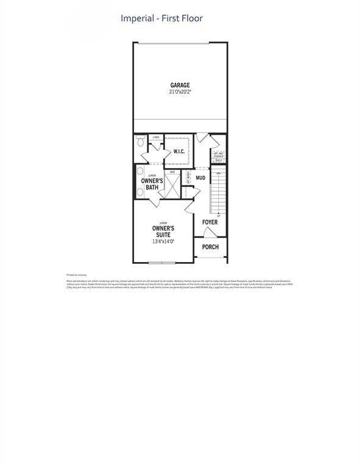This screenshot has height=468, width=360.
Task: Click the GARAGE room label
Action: (x=180, y=85)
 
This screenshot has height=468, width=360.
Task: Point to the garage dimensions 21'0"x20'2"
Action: (x=180, y=92)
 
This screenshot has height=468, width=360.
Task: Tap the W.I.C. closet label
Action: (x=179, y=151)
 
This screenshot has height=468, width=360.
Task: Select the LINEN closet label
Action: (x=156, y=137)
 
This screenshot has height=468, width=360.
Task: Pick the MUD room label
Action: (x=200, y=178)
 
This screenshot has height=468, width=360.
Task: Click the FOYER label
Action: (x=210, y=222)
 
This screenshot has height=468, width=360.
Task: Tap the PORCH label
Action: (x=210, y=247)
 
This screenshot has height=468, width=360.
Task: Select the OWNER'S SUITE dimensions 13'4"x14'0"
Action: (x=163, y=241)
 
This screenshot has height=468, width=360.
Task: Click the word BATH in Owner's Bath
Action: (x=152, y=188)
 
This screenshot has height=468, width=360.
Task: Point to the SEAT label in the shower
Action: (x=173, y=172)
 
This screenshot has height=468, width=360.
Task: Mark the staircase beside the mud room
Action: (x=218, y=192)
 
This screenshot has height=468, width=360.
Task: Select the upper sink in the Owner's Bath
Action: (x=139, y=171)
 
